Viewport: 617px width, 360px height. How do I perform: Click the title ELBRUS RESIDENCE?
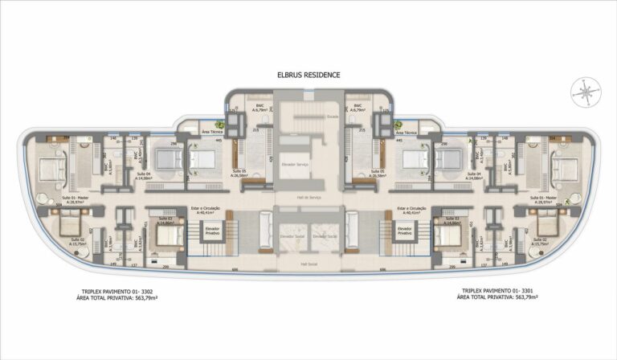point(308,75)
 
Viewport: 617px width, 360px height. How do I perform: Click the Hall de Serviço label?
point(308,198)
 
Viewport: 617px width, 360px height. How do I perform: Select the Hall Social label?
point(308,263)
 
